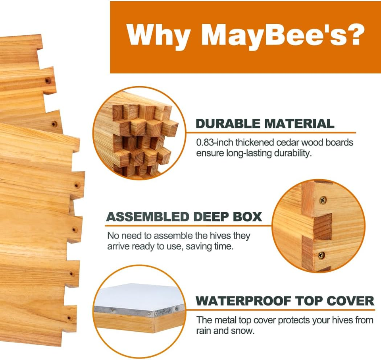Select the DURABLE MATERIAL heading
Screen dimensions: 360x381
coord(265,124)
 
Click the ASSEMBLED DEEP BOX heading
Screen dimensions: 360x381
coord(184,217)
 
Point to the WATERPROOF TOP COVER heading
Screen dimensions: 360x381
coord(285,300)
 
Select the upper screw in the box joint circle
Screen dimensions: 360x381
coord(323,201)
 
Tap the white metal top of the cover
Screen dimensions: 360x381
coord(139,296)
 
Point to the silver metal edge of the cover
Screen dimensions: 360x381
coord(139,312)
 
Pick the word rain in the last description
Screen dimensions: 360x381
coord(204,331)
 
